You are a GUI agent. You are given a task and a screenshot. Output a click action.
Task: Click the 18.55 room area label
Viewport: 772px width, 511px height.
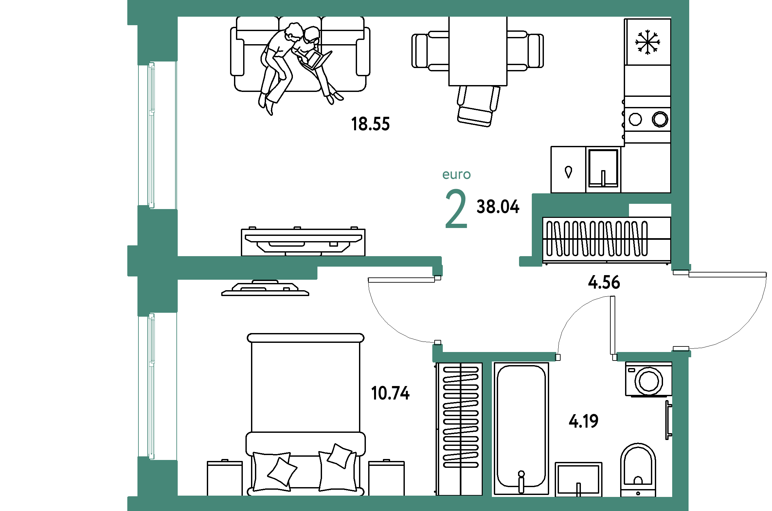point(370,124)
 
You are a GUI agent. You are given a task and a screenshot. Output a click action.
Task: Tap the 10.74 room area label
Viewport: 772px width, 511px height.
point(390,393)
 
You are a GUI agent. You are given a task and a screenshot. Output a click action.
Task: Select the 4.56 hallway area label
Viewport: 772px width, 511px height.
point(604,282)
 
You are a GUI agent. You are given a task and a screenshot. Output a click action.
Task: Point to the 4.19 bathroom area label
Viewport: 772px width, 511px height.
point(583,421)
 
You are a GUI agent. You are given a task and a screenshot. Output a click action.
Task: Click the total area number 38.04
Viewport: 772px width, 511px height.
point(498,207)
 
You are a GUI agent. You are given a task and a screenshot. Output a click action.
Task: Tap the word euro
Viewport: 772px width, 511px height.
point(457,175)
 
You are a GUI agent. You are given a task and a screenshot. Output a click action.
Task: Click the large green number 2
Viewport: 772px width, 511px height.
point(456,208)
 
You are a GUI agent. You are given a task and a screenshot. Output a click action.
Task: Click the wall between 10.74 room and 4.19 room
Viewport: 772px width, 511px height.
point(487,429)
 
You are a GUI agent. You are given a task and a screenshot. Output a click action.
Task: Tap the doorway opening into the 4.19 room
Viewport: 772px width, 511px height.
point(586,357)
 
